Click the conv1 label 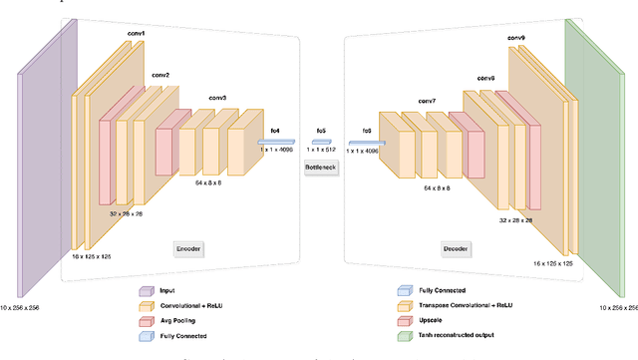click(x=135, y=33)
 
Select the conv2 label click(x=159, y=75)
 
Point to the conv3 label click(x=217, y=98)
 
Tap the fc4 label click(x=275, y=130)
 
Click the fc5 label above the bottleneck click(x=321, y=130)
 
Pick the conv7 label click(x=427, y=101)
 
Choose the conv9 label click(x=515, y=38)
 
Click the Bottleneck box click(x=321, y=168)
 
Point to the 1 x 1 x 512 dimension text click(x=321, y=151)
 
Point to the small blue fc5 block click(x=321, y=142)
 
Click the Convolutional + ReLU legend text click(x=190, y=307)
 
